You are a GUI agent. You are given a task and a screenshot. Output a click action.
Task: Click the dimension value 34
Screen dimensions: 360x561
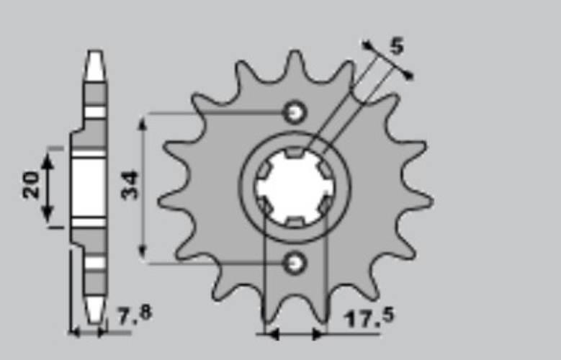[130, 184]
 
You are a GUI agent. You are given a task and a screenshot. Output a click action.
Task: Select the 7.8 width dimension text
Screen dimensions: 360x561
[134, 315]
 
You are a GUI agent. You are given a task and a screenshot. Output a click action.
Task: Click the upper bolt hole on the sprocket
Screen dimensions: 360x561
[295, 112]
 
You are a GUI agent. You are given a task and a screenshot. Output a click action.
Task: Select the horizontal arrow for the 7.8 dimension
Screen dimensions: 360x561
[88, 333]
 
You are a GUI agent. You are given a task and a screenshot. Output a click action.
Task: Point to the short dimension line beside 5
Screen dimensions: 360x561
[388, 60]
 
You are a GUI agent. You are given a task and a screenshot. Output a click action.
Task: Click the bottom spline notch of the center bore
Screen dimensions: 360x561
[295, 221]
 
